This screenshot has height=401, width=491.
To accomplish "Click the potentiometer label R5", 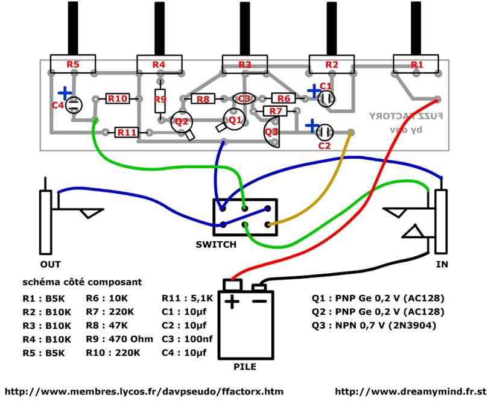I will (x=73, y=63).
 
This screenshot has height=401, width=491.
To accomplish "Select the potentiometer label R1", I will (x=416, y=64).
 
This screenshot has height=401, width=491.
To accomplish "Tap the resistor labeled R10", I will (x=118, y=98).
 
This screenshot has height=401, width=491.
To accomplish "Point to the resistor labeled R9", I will (x=160, y=99).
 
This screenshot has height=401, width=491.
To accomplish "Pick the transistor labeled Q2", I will (x=180, y=121).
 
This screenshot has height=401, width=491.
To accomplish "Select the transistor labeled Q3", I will (x=272, y=131).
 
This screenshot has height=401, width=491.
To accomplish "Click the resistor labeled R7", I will (x=276, y=111).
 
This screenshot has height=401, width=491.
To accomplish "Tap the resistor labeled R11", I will (x=127, y=131).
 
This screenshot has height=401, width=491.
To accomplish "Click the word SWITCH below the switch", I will (x=216, y=245).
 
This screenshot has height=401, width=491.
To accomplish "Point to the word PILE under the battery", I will (x=245, y=366).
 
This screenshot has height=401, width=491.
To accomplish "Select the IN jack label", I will (x=443, y=265).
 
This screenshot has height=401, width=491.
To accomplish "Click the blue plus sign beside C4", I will (x=65, y=93).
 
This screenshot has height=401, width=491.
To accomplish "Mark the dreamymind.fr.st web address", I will (x=410, y=391).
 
